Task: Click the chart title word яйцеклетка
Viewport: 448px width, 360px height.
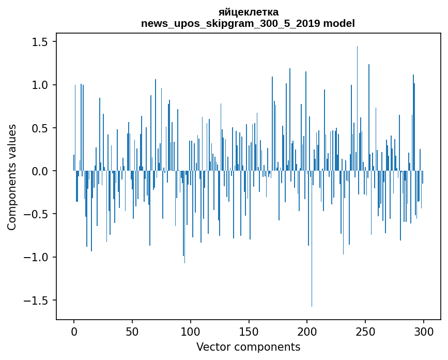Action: (x=248, y=12)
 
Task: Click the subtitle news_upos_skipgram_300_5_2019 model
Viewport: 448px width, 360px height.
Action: (x=248, y=23)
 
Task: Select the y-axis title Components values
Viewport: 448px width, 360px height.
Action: (x=12, y=177)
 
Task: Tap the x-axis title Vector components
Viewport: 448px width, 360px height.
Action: (x=248, y=347)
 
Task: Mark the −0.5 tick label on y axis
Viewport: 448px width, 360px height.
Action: (x=37, y=214)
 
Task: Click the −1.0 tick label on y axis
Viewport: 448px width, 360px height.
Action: (x=37, y=257)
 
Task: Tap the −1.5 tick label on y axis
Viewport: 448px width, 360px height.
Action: (x=37, y=301)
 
